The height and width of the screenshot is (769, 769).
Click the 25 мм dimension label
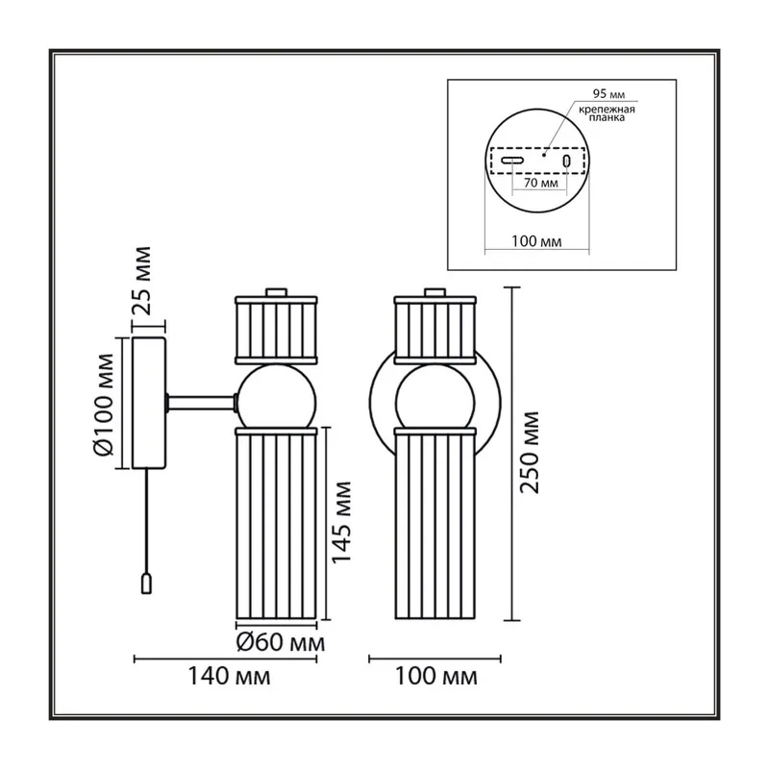tap(142, 281)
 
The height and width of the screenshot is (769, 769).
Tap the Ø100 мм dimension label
tap(104, 405)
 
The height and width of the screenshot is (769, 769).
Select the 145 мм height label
tap(342, 522)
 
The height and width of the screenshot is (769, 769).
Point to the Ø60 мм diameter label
tap(280, 642)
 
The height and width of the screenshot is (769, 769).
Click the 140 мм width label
tap(229, 677)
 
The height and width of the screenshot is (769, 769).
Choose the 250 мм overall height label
tap(530, 452)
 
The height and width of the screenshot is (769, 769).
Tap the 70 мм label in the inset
tap(541, 183)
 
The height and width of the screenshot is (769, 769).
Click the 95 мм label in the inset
tap(608, 93)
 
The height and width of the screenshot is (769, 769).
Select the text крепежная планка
tap(607, 113)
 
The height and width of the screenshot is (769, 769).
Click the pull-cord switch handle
tap(146, 583)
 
